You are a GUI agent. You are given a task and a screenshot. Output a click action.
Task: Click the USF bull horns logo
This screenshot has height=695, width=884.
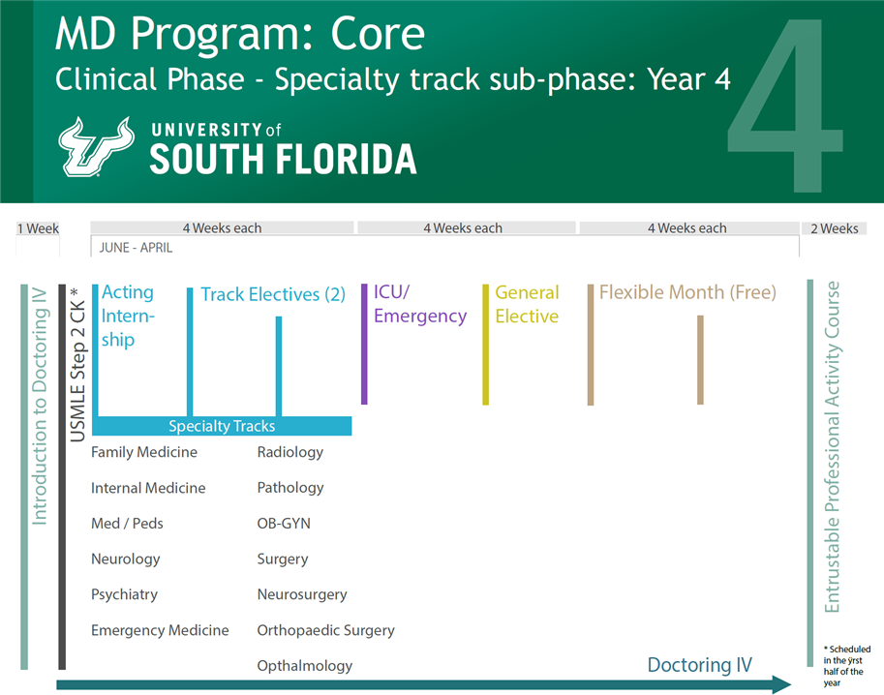98,146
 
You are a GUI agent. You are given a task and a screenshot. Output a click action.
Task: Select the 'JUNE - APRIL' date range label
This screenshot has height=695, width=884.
137,248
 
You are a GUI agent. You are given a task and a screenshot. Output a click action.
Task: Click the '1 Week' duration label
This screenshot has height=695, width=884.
38,228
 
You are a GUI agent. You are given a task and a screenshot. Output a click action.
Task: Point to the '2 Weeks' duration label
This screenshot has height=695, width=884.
834,228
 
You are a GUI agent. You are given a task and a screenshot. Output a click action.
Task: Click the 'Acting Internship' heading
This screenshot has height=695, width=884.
128,316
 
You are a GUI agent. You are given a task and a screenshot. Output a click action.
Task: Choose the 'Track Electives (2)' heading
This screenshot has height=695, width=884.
273,294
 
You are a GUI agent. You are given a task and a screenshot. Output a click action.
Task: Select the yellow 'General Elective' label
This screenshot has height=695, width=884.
527,304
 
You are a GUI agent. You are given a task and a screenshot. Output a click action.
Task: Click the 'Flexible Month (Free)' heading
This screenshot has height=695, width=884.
687,292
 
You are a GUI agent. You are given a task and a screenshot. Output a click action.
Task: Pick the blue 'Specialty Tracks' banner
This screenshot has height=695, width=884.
222,426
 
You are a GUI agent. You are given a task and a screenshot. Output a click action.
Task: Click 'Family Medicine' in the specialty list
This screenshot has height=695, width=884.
144,452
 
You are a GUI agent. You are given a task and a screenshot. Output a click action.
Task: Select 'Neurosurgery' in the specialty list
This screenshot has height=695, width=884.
302,594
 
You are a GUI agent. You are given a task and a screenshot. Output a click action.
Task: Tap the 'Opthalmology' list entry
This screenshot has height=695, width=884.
305,666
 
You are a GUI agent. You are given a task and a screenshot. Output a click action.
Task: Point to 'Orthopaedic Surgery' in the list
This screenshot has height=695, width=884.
326,630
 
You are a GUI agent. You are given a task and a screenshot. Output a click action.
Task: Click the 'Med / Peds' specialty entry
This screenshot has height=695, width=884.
127,524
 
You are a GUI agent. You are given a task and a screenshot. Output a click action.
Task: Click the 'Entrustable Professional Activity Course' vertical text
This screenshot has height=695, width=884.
832,447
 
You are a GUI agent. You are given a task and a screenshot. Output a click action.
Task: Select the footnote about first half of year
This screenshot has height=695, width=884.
846,666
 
